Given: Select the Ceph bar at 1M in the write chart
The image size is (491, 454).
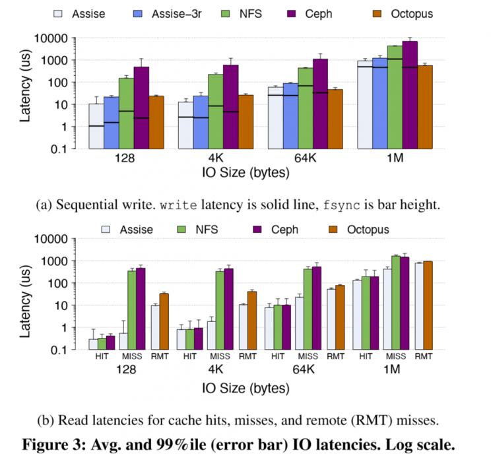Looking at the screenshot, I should (410, 95).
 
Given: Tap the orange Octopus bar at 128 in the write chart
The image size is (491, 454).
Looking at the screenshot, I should (156, 122).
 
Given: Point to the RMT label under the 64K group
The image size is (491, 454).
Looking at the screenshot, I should (335, 358).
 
